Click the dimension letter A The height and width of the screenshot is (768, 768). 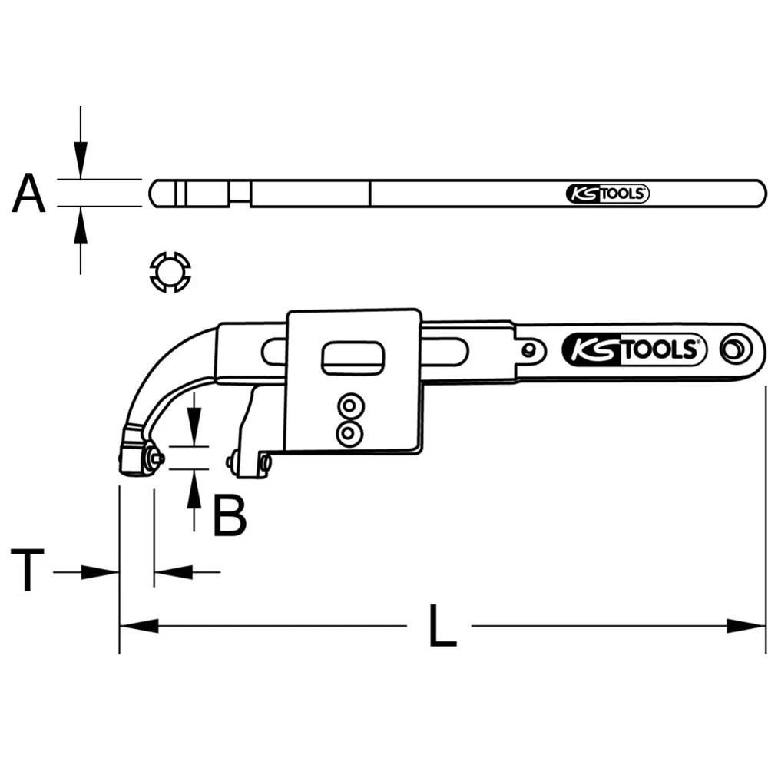click(x=29, y=194)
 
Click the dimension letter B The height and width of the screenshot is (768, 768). click(x=230, y=516)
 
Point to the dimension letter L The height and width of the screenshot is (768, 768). click(x=440, y=626)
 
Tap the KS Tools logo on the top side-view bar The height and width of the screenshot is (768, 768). click(x=607, y=194)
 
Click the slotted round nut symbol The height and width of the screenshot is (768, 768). click(x=169, y=272)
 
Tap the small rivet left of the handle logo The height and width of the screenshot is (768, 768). click(x=529, y=350)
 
